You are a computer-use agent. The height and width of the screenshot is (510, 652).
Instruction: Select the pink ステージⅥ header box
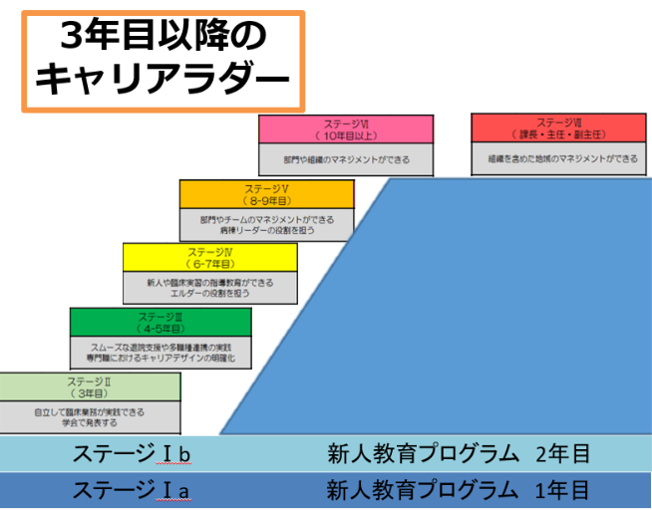point(346,129)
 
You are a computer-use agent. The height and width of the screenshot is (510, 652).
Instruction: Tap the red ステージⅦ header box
point(562,128)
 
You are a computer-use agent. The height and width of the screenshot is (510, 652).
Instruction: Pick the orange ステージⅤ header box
point(266,193)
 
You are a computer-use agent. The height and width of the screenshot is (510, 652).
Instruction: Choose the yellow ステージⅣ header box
point(209,257)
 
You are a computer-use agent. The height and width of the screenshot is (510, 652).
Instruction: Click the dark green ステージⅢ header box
point(160,322)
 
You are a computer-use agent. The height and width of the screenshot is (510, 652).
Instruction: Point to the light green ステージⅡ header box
point(91,386)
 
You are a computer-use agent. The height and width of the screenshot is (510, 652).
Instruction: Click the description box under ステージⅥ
point(346,158)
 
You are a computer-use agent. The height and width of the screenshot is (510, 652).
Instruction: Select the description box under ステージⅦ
point(562,158)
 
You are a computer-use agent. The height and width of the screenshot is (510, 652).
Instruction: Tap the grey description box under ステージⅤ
point(266,224)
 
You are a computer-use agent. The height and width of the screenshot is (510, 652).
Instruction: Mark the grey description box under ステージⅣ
point(209,288)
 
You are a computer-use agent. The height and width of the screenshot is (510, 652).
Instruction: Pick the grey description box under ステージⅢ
point(160,353)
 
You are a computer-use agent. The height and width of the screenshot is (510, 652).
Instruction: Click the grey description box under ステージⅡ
point(91,416)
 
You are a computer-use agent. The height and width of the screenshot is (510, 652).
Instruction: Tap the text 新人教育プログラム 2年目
point(460,454)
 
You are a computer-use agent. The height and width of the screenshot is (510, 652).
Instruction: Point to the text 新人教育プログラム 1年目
point(460,490)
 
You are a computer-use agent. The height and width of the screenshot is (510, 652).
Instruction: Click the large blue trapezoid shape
point(479,319)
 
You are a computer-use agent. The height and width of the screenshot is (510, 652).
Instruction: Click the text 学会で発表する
point(92,423)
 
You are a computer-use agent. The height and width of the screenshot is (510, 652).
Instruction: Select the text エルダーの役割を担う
point(209,295)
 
